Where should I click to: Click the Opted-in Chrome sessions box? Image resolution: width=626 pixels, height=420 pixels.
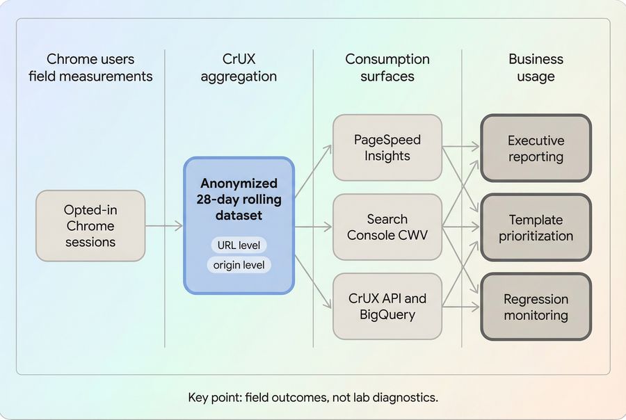[x=90, y=226]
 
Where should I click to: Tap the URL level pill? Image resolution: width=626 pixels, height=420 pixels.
[x=239, y=245]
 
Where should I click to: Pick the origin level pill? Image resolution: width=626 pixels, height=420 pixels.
[x=239, y=265]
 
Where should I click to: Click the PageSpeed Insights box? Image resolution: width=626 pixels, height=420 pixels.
[x=387, y=147]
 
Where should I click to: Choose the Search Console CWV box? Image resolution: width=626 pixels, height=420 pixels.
[x=387, y=227]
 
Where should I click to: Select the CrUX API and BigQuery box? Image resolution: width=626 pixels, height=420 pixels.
[x=387, y=307]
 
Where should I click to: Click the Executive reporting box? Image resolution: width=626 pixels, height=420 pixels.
[x=536, y=148]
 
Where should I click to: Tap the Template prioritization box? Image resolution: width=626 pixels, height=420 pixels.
[x=536, y=227]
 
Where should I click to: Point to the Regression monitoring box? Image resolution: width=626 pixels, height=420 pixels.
[x=536, y=307]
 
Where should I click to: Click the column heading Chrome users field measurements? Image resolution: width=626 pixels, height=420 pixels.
[x=90, y=67]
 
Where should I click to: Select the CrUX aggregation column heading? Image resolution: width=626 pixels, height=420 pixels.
[x=239, y=67]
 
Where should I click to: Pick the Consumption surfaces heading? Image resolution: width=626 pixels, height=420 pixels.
[x=387, y=67]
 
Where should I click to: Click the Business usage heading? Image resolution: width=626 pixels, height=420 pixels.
[x=536, y=67]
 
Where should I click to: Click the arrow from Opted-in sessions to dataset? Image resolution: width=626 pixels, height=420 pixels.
[x=164, y=226]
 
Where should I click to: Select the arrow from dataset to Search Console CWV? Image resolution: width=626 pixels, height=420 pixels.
[x=313, y=227]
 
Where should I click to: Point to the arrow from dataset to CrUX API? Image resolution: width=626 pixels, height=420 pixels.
[x=313, y=281]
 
